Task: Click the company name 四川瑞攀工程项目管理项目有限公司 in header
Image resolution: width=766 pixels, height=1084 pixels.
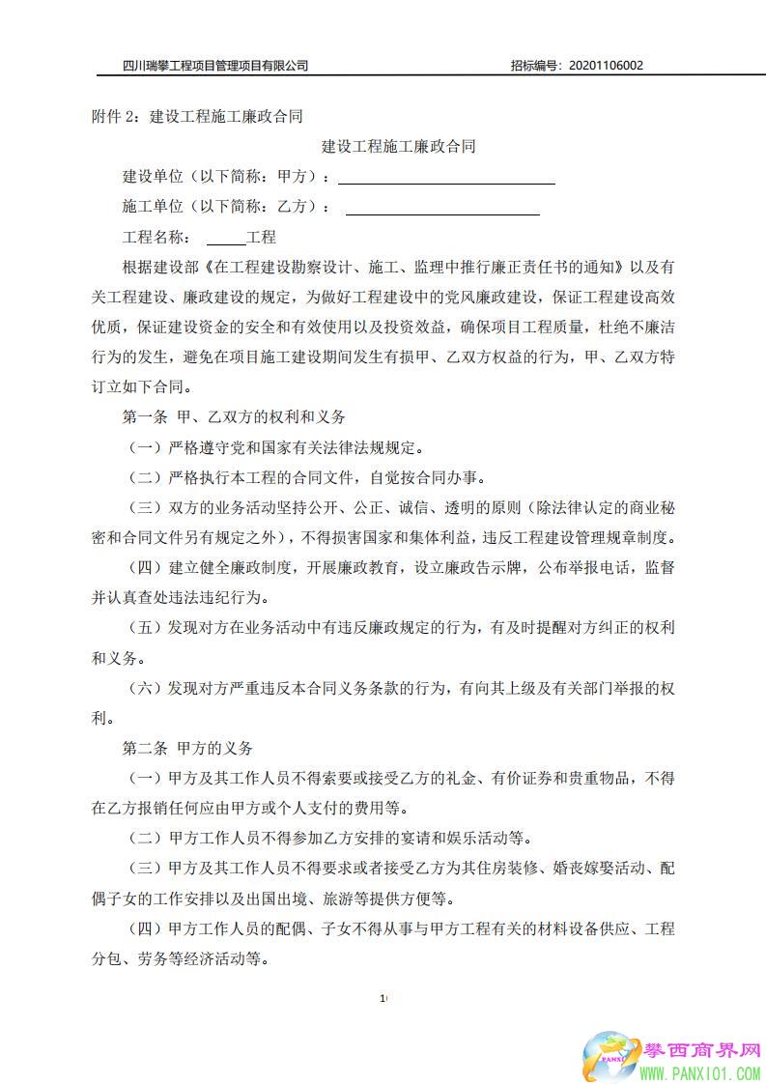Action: [215, 66]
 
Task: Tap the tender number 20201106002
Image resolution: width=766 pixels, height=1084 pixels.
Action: [607, 66]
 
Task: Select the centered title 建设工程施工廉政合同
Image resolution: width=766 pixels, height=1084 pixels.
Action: [398, 147]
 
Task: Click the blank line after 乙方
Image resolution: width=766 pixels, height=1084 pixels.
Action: [441, 208]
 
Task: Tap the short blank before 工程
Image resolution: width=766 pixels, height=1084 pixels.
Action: [227, 239]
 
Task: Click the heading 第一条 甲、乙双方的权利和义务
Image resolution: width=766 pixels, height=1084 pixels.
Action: [233, 417]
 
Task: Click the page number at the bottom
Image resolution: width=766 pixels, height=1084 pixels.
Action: [383, 998]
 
